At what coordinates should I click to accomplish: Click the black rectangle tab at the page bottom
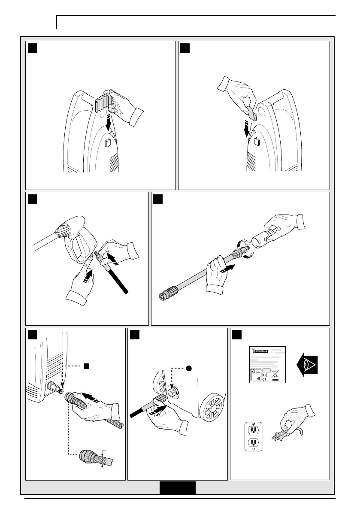178,488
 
